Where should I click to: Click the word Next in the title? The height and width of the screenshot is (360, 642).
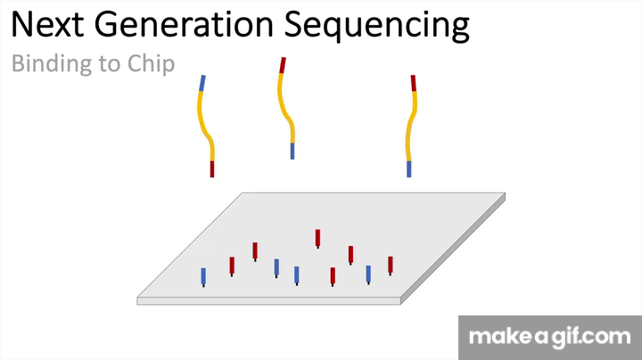tap(47, 26)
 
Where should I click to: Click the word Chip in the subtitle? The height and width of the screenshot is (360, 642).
tap(151, 65)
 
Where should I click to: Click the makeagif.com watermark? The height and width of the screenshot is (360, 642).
tap(550, 338)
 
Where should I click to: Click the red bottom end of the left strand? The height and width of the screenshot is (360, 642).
tap(212, 168)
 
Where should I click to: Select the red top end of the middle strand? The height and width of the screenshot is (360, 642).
tap(283, 65)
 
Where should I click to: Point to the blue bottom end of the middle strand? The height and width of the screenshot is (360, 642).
tap(292, 150)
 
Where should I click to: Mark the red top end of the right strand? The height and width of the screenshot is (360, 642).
tap(413, 83)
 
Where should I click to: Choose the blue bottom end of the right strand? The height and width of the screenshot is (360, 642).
tap(409, 168)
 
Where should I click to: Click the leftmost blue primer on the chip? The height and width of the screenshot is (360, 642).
tap(203, 275)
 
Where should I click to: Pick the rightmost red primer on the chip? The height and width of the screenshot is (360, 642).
tap(391, 264)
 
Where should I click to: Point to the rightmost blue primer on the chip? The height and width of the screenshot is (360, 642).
tap(368, 273)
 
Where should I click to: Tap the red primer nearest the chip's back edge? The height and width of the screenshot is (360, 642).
tap(317, 236)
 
